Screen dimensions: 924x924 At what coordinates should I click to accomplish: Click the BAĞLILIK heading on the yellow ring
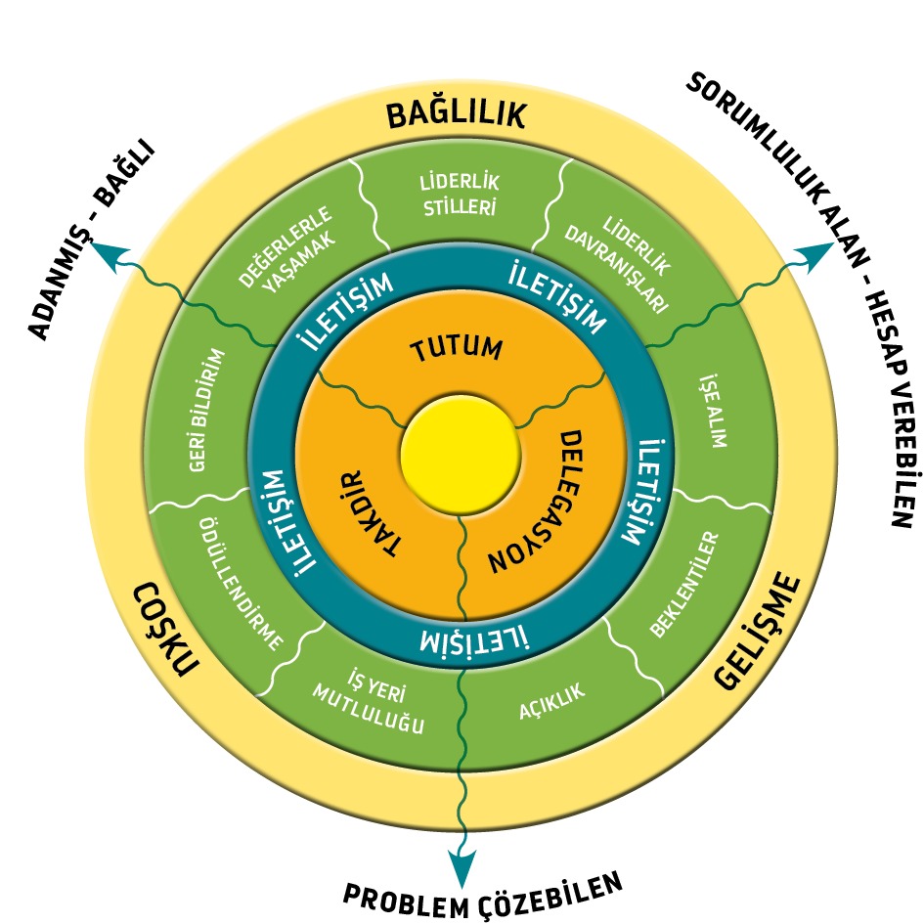(x=456, y=114)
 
